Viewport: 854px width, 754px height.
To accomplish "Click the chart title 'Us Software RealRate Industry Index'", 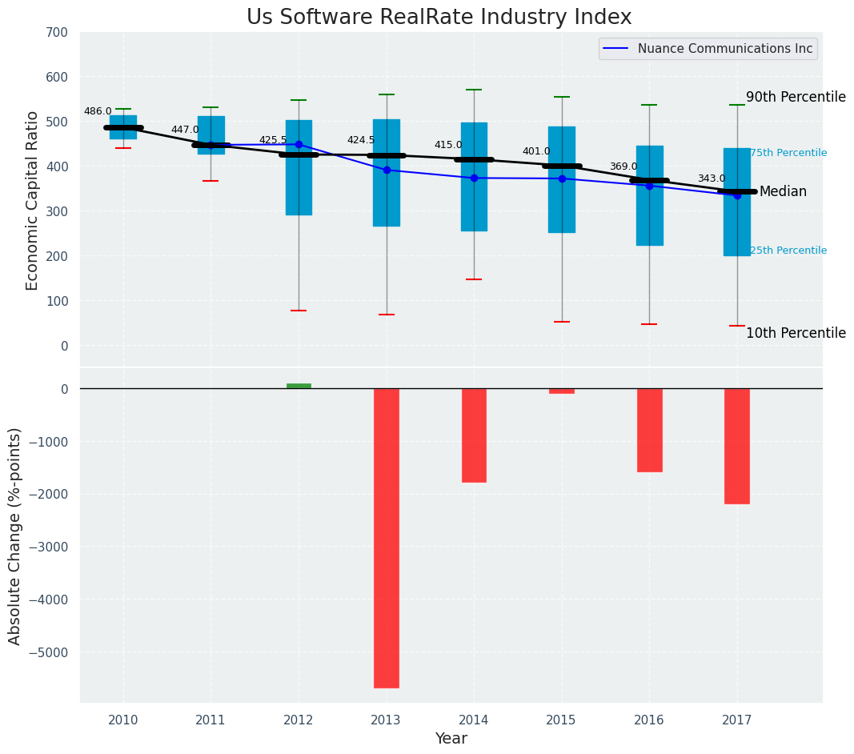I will pyautogui.click(x=439, y=18).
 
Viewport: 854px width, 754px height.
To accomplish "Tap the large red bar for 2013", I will pyautogui.click(x=387, y=538).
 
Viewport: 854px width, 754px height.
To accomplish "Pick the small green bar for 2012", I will pyautogui.click(x=299, y=386).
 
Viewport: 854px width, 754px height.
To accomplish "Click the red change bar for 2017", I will pyautogui.click(x=737, y=446).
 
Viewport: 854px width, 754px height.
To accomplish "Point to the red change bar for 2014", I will pyautogui.click(x=474, y=435).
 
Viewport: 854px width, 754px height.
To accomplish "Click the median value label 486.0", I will pyautogui.click(x=98, y=112).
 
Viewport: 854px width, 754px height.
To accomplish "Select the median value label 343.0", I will pyautogui.click(x=712, y=179).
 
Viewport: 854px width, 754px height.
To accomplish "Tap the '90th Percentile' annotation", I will pyautogui.click(x=796, y=98).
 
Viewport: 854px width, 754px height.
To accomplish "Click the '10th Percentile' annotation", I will pyautogui.click(x=796, y=334).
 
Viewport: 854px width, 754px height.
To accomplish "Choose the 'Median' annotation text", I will pyautogui.click(x=783, y=192).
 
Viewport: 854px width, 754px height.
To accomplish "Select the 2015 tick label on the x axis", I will pyautogui.click(x=561, y=720).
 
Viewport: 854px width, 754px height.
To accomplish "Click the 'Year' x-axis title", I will pyautogui.click(x=451, y=739).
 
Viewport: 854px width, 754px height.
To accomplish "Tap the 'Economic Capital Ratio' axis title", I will pyautogui.click(x=33, y=200).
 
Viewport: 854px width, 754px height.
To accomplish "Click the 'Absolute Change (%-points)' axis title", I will pyautogui.click(x=15, y=535).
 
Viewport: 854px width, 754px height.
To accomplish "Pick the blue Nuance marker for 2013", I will pyautogui.click(x=387, y=170).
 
